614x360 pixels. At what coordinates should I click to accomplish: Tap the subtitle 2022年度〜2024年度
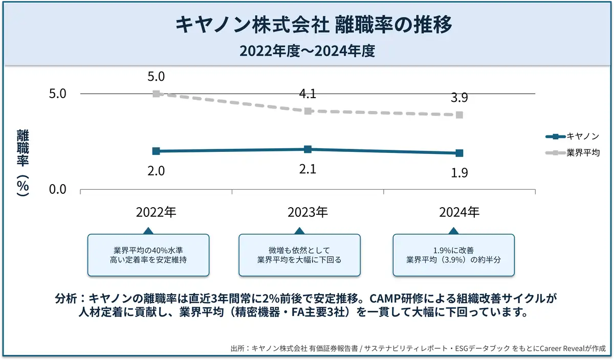pos(307,51)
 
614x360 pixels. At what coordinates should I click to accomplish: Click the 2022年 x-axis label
pos(156,212)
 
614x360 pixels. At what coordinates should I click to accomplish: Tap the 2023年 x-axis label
pos(308,212)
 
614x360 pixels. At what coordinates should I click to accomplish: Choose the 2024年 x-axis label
pos(459,212)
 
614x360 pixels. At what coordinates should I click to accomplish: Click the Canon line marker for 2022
pos(156,151)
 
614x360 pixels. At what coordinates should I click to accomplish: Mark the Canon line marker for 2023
pos(308,149)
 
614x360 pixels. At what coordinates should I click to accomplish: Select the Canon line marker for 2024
pos(459,153)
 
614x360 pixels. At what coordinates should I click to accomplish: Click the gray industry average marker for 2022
pos(156,94)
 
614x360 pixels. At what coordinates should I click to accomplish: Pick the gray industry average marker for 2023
pos(308,111)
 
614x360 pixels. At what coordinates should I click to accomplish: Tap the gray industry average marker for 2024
pos(459,115)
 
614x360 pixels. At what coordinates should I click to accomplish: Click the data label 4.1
pos(308,94)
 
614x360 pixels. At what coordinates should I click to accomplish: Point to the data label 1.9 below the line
pos(459,173)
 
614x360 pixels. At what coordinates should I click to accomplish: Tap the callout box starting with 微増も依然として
pos(299,255)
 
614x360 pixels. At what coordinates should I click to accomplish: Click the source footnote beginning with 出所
pos(418,349)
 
